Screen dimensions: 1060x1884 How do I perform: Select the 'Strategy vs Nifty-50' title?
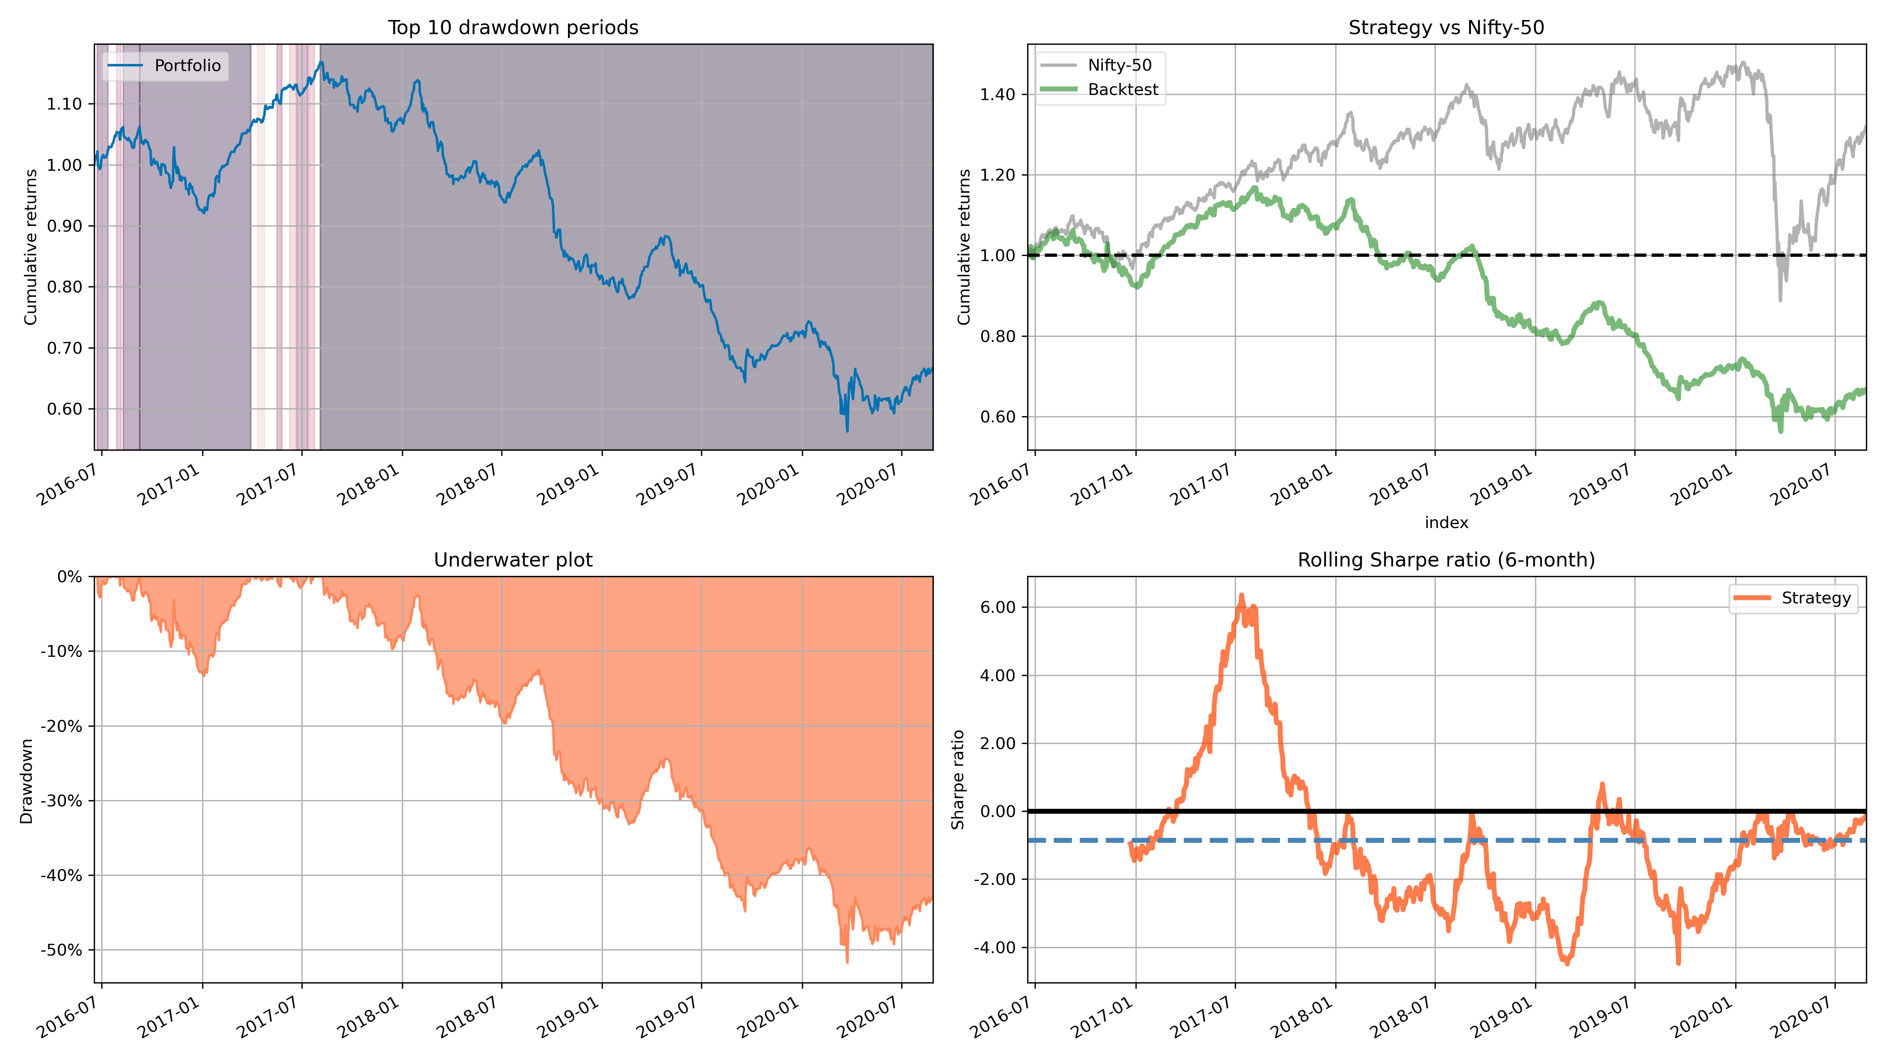(1446, 28)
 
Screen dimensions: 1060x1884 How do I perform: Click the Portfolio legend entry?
(187, 66)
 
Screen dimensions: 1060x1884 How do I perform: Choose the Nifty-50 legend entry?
(1119, 65)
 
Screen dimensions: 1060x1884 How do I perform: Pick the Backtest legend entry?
(1123, 90)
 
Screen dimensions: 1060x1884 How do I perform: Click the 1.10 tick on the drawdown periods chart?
(64, 104)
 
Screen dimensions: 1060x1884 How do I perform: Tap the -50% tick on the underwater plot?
(62, 950)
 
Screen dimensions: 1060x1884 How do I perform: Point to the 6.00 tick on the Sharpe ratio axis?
(998, 607)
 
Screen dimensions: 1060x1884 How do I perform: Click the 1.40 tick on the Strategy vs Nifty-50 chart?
(998, 94)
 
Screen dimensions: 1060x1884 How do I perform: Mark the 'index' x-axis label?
(1446, 522)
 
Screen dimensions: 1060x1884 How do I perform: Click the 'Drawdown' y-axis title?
(27, 780)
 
